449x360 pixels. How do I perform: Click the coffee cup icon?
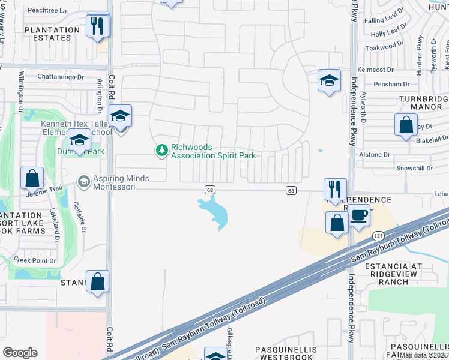click(360, 215)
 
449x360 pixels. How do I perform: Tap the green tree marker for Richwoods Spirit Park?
click(161, 149)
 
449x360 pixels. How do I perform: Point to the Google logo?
click(20, 353)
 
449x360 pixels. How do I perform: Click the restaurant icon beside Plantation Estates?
click(98, 26)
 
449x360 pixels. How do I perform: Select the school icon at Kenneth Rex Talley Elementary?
click(120, 116)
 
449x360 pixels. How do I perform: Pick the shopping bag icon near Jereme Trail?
click(32, 178)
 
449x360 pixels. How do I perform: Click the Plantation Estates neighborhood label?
click(52, 34)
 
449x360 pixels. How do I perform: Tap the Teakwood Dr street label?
click(382, 46)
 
